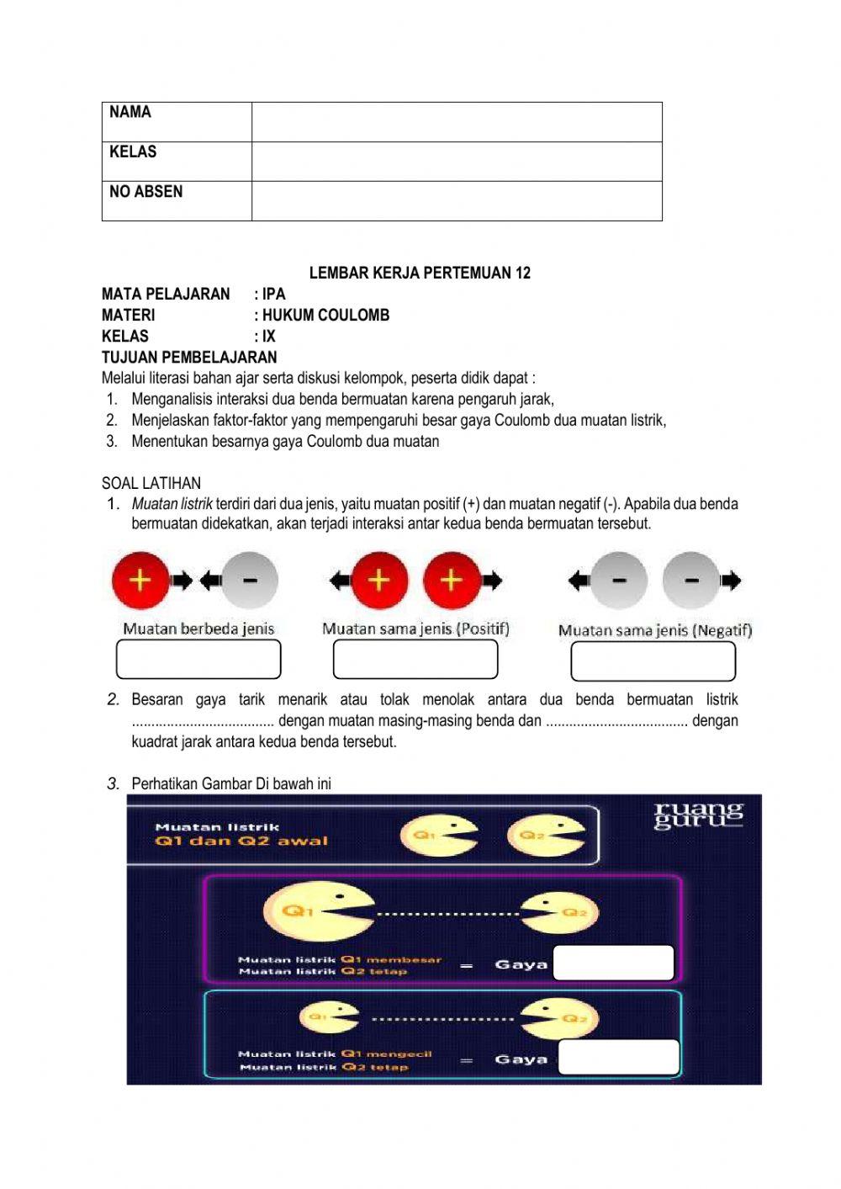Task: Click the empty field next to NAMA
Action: (x=457, y=122)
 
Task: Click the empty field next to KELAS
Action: (x=457, y=162)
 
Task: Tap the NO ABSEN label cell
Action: (x=177, y=201)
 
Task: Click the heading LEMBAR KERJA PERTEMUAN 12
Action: (x=420, y=273)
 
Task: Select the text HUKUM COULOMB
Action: (x=325, y=315)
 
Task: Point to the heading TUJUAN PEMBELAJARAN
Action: (x=189, y=357)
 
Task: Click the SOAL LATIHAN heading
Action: (x=151, y=483)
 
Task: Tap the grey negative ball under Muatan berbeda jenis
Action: (x=249, y=580)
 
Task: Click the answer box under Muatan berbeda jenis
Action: (x=198, y=659)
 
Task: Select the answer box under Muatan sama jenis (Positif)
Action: (x=415, y=659)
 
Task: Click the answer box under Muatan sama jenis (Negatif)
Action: (x=653, y=661)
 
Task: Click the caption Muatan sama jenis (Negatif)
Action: (x=654, y=630)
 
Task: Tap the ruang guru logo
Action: (x=698, y=815)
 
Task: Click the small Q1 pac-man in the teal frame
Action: (x=328, y=1017)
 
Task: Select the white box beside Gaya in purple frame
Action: (x=614, y=963)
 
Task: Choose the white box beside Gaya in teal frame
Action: (x=618, y=1057)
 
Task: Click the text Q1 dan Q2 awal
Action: (x=241, y=841)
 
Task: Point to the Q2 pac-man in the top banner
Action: (x=545, y=836)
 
